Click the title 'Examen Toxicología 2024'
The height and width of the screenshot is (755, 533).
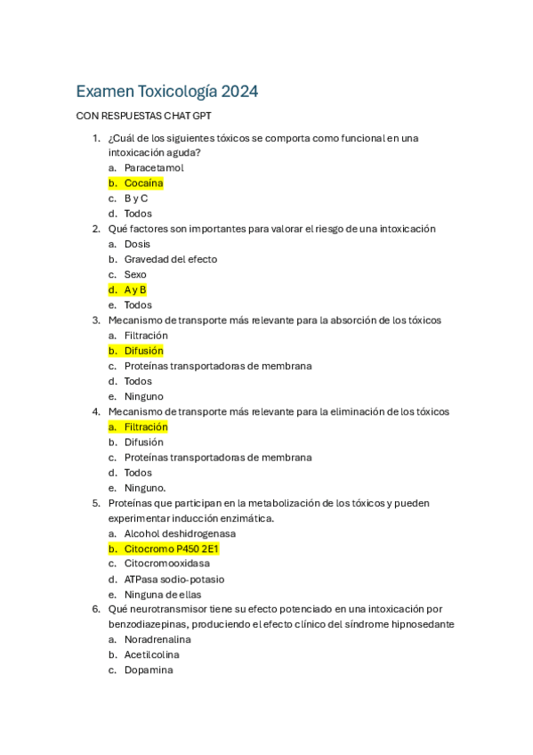click(166, 91)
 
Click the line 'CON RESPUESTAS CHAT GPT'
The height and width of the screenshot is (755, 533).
click(143, 116)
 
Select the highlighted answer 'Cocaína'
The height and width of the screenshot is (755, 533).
click(143, 183)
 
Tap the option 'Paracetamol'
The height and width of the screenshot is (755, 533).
click(154, 167)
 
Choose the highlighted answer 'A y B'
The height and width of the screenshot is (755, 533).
click(135, 289)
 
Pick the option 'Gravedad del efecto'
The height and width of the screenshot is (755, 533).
click(170, 259)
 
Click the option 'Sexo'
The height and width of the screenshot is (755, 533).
click(135, 274)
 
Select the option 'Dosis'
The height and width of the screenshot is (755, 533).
click(137, 244)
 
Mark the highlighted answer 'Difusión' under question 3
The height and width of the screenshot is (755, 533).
click(143, 351)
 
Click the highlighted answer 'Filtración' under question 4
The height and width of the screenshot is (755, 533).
click(146, 426)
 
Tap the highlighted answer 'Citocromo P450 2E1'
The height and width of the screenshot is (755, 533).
click(171, 548)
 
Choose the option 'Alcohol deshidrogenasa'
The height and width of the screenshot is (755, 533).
click(180, 533)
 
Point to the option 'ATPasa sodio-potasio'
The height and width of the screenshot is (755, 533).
click(174, 579)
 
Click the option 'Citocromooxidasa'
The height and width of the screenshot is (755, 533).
click(166, 564)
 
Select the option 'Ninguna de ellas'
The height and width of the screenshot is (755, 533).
click(163, 594)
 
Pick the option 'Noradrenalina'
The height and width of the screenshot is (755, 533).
click(157, 639)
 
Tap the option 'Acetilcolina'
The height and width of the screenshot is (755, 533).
click(151, 654)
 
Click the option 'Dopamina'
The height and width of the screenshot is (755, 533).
click(148, 670)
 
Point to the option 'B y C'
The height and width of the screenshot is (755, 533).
click(135, 199)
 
